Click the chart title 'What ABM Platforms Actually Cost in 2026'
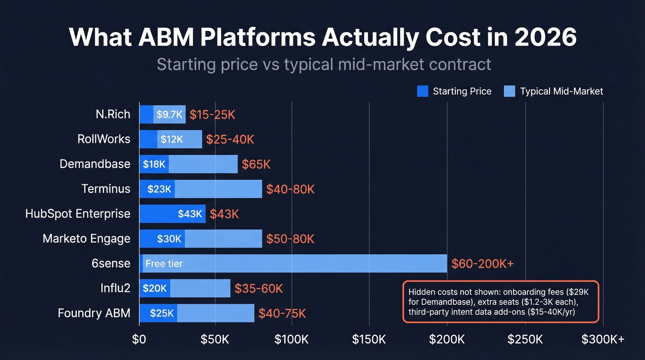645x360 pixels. [x=322, y=37]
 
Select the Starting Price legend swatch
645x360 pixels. [x=422, y=91]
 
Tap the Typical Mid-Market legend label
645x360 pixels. [x=561, y=91]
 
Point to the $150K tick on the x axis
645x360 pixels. [x=369, y=339]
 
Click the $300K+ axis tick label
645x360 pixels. [x=603, y=339]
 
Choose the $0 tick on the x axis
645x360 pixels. [x=139, y=339]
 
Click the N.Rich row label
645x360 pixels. [x=113, y=114]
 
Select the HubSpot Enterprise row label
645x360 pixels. [x=78, y=214]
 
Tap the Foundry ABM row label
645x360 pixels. [x=94, y=313]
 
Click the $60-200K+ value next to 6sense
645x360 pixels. [x=482, y=264]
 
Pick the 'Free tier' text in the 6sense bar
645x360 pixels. [x=164, y=264]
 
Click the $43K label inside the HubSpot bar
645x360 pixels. [x=190, y=214]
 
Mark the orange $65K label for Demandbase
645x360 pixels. [x=256, y=164]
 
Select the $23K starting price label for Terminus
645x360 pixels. [x=159, y=189]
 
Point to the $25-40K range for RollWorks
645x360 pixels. [x=230, y=139]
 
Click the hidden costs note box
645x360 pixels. [x=500, y=301]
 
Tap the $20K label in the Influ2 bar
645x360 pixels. [x=155, y=289]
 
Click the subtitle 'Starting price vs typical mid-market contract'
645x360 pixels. [x=324, y=64]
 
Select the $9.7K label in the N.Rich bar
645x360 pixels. [x=170, y=114]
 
